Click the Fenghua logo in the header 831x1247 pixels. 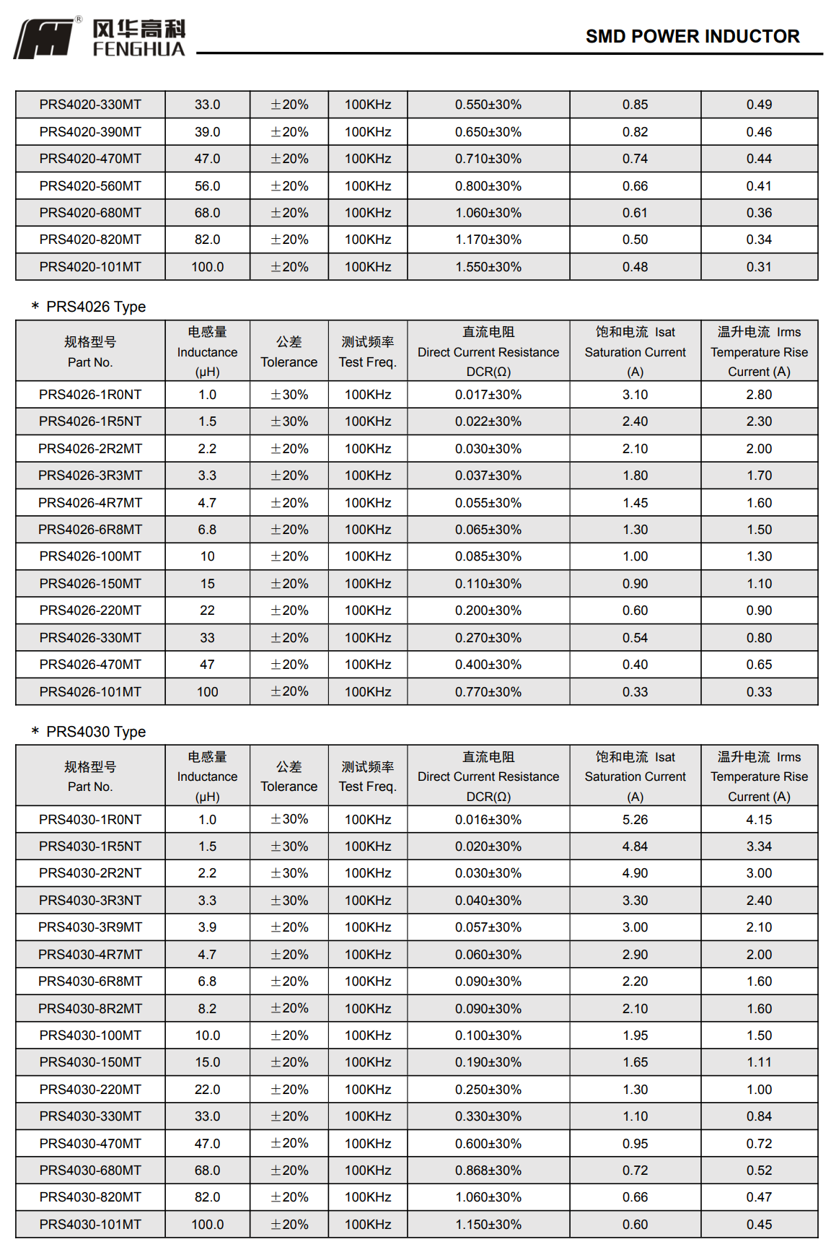100,38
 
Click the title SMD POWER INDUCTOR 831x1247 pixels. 692,36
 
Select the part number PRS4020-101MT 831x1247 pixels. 90,267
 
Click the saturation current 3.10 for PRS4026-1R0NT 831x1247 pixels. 635,395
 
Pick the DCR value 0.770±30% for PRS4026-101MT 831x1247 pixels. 488,692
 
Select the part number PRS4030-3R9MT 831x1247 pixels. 90,927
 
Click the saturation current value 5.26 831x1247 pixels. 635,820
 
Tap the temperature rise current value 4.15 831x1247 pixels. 759,820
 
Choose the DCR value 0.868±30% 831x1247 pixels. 488,1171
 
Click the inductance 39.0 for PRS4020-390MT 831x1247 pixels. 207,132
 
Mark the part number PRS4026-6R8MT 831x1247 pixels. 90,530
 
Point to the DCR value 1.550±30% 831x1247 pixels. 488,267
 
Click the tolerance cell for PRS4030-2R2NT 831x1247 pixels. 289,873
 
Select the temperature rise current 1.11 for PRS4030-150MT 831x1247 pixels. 759,1062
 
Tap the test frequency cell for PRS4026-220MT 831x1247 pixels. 368,611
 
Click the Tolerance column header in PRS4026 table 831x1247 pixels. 289,351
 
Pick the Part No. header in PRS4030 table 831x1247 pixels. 90,776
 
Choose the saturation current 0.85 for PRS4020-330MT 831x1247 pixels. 635,105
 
